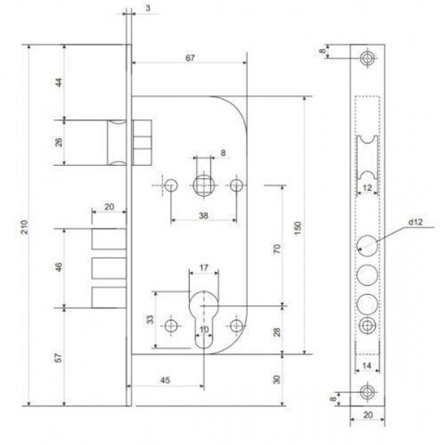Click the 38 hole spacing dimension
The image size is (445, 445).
coord(203,215)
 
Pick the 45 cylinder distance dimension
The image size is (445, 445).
coord(165,380)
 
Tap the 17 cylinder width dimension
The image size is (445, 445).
coord(204,268)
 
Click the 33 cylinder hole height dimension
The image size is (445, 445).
coord(150,319)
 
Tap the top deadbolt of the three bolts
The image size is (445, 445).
coord(109,239)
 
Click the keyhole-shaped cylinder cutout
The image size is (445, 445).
coord(204,316)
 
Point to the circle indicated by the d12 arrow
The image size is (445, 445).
coord(368,244)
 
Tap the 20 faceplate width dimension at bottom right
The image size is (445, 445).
coord(368,415)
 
